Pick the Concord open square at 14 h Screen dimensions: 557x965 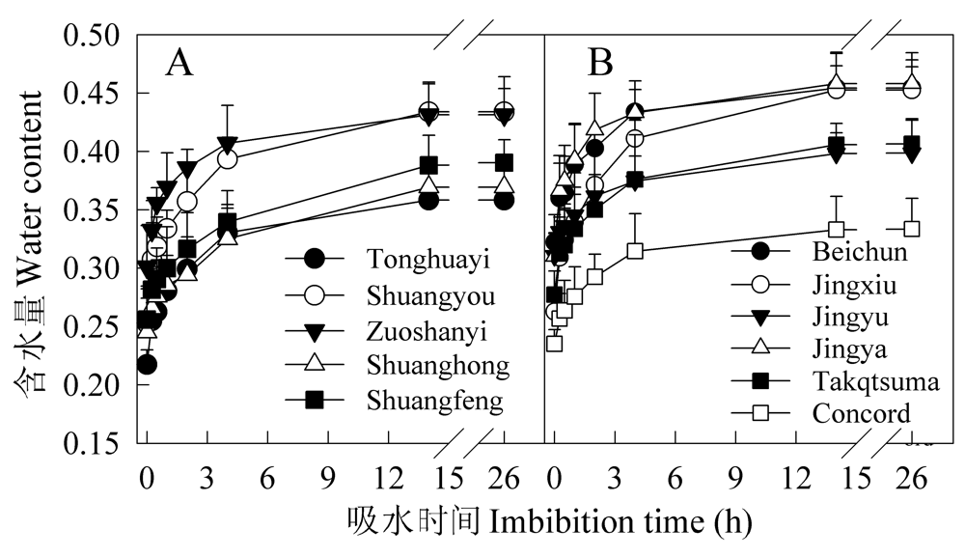tap(837, 229)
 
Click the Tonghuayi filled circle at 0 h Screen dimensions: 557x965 tap(147, 364)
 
